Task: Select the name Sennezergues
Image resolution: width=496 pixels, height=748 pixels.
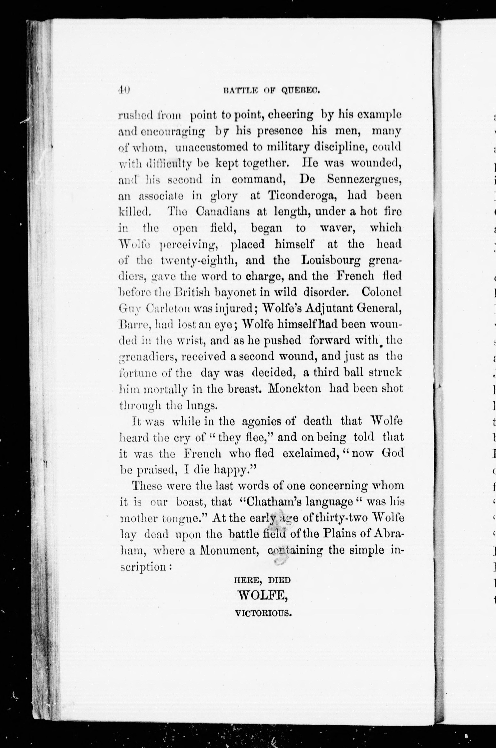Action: tap(364, 179)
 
